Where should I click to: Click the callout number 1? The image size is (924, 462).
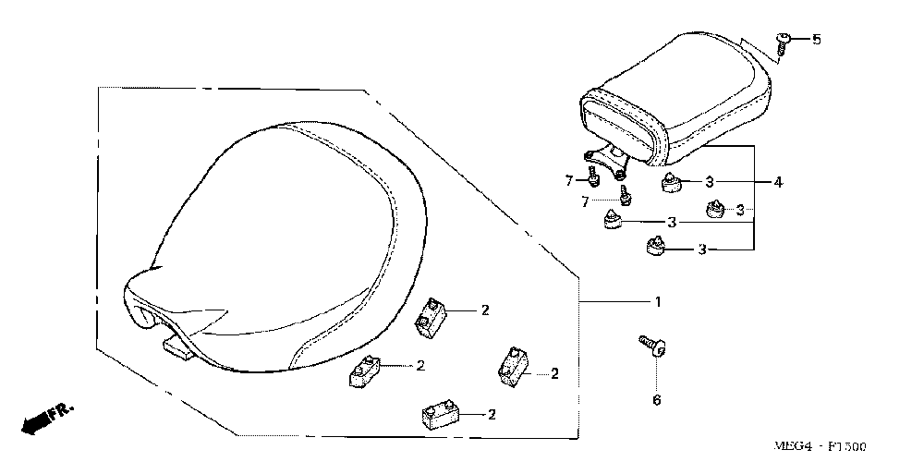[657, 302]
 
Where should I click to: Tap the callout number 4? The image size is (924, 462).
[778, 183]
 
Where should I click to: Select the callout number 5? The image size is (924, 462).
[816, 40]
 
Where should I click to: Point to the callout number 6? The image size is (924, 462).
[656, 399]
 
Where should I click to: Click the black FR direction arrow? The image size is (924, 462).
[36, 422]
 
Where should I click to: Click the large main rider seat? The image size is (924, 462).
[277, 240]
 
